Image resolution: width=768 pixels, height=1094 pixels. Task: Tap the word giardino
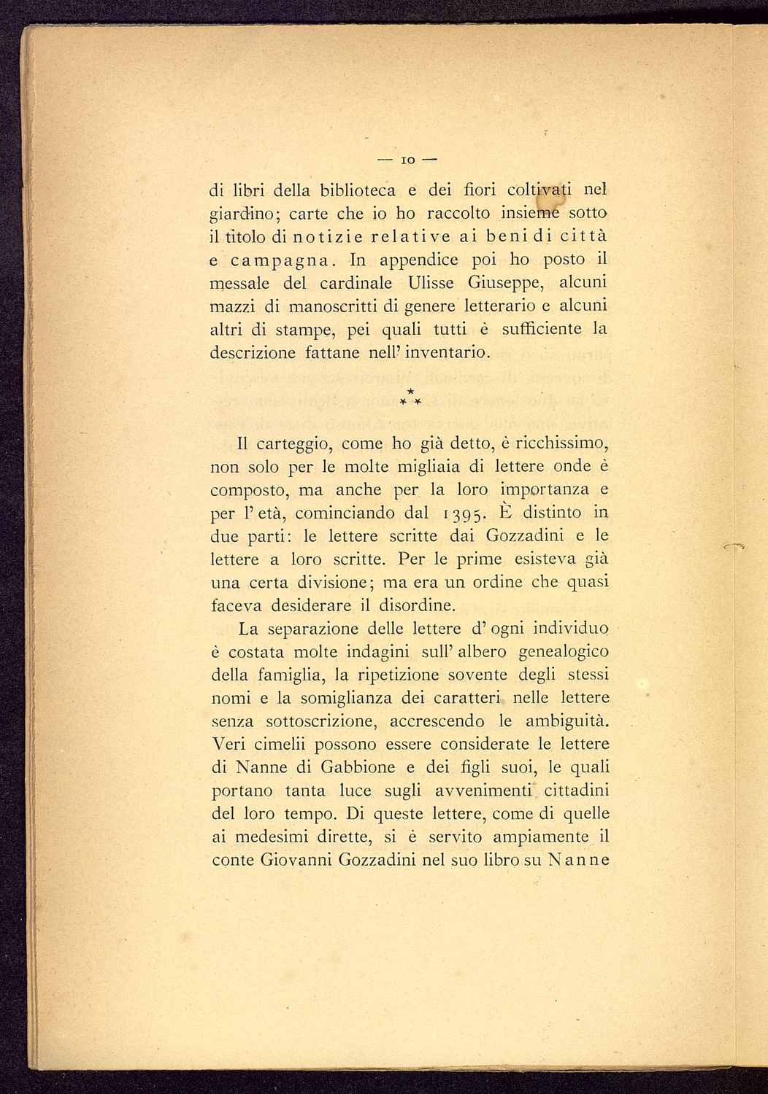(241, 215)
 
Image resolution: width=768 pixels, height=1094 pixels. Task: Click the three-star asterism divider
(410, 398)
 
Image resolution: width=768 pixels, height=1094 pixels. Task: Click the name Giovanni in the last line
(296, 860)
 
